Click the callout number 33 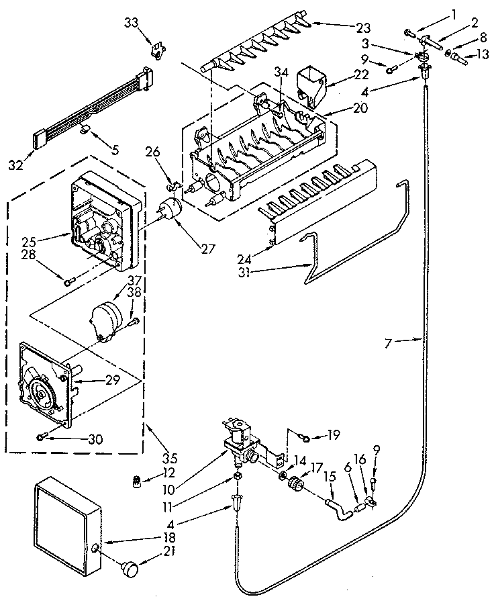(x=131, y=23)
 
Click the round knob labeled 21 (x=131, y=569)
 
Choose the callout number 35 (x=170, y=459)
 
